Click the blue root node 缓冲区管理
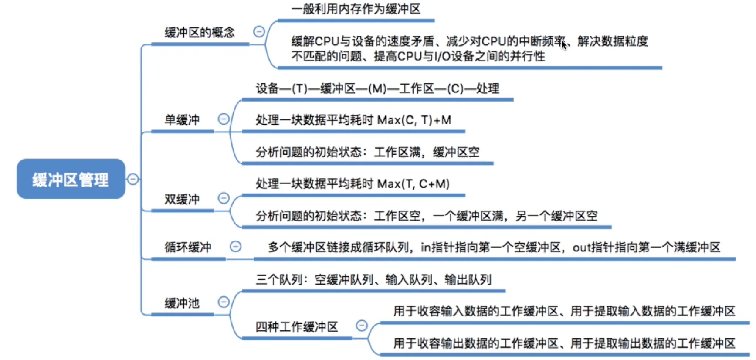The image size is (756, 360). pyautogui.click(x=71, y=179)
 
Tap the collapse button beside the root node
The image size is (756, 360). pyautogui.click(x=132, y=179)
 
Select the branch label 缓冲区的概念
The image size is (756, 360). pyautogui.click(x=200, y=33)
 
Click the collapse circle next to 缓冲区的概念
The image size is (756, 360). pyautogui.click(x=259, y=31)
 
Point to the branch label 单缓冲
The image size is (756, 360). pyautogui.click(x=182, y=120)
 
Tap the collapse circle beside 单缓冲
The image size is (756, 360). pyautogui.click(x=223, y=119)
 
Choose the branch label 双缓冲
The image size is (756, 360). pyautogui.click(x=182, y=199)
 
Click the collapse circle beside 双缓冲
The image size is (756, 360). pyautogui.click(x=223, y=198)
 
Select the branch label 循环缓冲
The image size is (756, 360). pyautogui.click(x=188, y=248)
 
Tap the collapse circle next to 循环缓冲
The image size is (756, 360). pyautogui.click(x=235, y=247)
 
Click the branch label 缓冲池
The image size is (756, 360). pyautogui.click(x=182, y=303)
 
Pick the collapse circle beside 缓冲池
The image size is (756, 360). pyautogui.click(x=223, y=302)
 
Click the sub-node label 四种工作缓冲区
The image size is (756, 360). pyautogui.click(x=297, y=326)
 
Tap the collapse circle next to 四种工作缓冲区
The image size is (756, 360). pyautogui.click(x=362, y=326)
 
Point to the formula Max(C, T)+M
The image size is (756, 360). pyautogui.click(x=414, y=120)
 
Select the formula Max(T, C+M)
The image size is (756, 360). pyautogui.click(x=413, y=184)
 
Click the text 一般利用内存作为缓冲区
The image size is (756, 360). pyautogui.click(x=356, y=9)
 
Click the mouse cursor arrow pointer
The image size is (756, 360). pyautogui.click(x=564, y=44)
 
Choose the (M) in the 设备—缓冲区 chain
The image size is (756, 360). pyautogui.click(x=377, y=89)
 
